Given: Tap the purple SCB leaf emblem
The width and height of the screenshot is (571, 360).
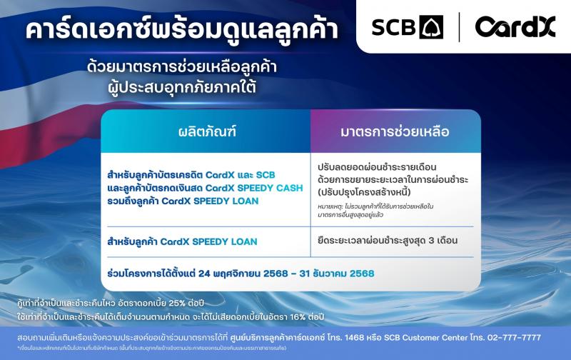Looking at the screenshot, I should click(431, 28).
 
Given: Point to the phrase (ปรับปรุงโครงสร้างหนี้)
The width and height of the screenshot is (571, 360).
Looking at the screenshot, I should click(365, 192).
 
